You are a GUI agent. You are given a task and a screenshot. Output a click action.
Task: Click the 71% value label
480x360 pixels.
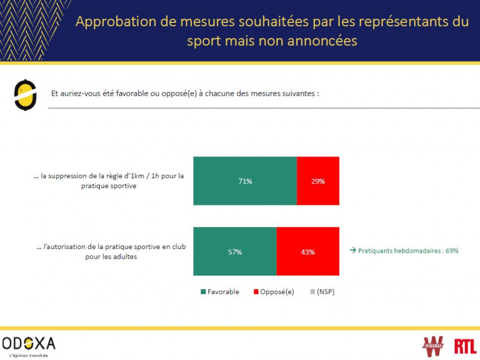coord(244,181)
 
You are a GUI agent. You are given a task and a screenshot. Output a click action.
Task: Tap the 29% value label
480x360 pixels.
coord(318,181)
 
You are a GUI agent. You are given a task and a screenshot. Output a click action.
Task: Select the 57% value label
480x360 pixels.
coord(234,252)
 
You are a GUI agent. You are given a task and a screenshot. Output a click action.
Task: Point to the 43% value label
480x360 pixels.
coord(308,252)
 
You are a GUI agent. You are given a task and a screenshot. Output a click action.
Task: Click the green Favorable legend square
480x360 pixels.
coord(203,291)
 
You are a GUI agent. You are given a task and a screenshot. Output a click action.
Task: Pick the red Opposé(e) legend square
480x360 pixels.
coord(256,291)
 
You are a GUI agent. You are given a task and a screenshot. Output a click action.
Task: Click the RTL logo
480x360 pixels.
coord(465,346)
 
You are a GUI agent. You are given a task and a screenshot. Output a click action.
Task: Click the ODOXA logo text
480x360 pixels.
coord(29,343)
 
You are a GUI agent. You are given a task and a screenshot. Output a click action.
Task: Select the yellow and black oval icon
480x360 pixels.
coord(24,95)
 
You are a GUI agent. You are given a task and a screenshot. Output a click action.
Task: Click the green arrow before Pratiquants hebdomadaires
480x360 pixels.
coord(352,251)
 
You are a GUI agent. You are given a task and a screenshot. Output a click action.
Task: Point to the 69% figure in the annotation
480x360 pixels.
coord(452,251)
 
